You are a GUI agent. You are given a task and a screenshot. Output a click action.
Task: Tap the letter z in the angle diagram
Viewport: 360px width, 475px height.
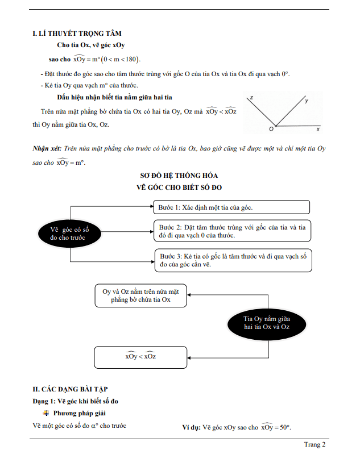[x=251, y=98]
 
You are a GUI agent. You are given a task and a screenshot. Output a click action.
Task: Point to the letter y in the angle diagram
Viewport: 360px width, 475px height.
[x=307, y=101]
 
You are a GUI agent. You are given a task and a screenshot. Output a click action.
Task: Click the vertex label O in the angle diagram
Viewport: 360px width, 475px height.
[x=271, y=130]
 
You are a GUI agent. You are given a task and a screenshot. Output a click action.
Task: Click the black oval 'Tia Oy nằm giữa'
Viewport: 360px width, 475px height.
[x=267, y=323]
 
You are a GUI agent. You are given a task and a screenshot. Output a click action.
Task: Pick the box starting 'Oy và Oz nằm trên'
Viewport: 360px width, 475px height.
[x=140, y=295]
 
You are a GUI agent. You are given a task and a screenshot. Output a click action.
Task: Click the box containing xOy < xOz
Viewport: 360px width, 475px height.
[x=140, y=357]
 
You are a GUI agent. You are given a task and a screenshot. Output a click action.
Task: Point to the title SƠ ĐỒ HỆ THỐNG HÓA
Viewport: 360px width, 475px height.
[x=179, y=176]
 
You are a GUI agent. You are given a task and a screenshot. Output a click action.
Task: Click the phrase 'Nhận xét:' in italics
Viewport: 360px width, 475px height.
[x=48, y=148]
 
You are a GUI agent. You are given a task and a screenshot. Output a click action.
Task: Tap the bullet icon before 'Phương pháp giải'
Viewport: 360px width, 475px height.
[x=47, y=413]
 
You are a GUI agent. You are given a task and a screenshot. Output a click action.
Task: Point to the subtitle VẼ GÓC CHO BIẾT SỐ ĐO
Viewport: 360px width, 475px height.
[x=179, y=187]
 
